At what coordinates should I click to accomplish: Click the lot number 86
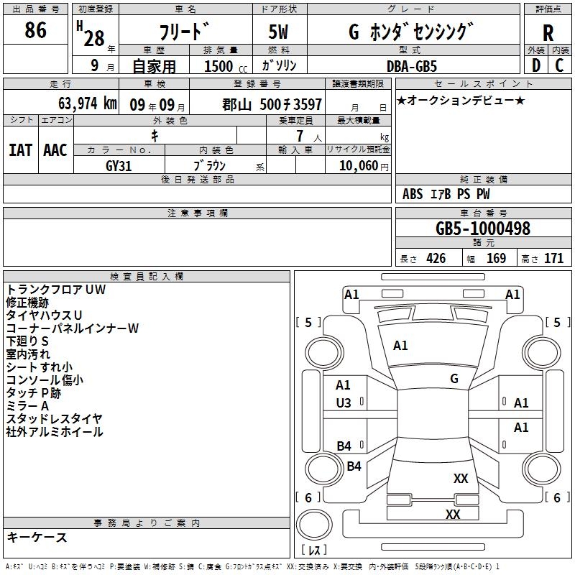[35, 29]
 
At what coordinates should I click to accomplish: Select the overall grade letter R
[548, 33]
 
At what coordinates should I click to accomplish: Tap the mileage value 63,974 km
[87, 103]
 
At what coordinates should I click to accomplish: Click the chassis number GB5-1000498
[483, 228]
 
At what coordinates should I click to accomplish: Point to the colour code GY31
[119, 166]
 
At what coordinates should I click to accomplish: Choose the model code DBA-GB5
[412, 66]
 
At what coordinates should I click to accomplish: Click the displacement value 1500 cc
[226, 66]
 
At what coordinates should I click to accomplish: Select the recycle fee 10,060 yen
[364, 166]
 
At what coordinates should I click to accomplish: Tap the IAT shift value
[21, 150]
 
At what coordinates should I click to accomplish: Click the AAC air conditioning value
[55, 150]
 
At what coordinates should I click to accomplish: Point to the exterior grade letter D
[536, 65]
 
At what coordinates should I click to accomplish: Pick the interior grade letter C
[559, 65]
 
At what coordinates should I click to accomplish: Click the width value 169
[496, 258]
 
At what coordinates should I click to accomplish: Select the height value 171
[553, 258]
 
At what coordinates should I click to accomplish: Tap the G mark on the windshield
[454, 378]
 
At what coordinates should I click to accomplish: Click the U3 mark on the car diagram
[344, 403]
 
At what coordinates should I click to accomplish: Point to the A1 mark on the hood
[400, 346]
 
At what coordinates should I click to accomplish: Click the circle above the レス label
[313, 525]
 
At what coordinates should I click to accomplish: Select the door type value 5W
[278, 32]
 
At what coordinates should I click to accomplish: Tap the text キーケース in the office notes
[37, 537]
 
